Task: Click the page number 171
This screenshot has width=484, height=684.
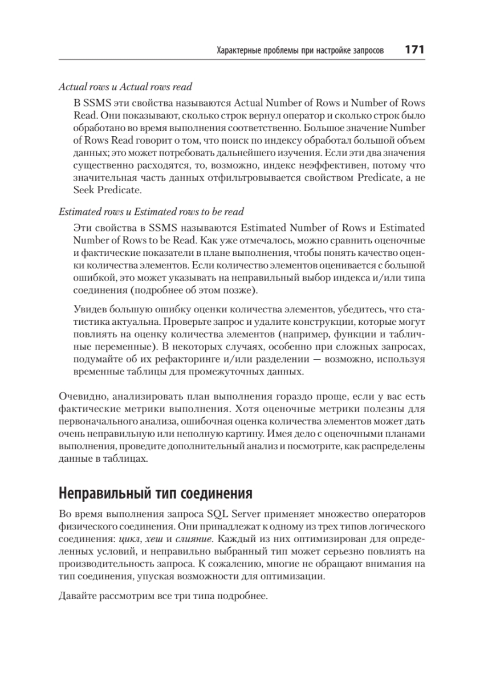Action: click(414, 50)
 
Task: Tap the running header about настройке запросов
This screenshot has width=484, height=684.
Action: click(300, 51)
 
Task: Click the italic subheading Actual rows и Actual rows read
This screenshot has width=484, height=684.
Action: click(125, 87)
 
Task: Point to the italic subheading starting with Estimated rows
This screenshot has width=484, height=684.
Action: click(151, 211)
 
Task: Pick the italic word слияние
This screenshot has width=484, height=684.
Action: click(194, 536)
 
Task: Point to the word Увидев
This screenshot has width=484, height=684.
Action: click(90, 309)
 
